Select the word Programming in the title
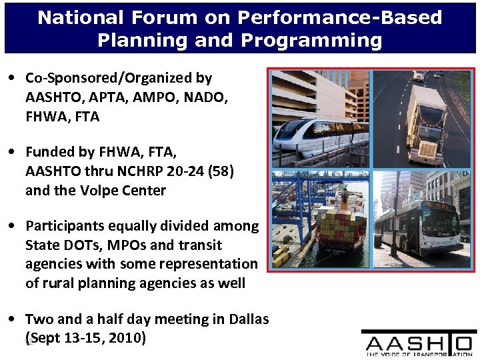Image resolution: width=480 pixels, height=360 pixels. click(x=311, y=40)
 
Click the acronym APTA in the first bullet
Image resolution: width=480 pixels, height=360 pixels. click(x=111, y=97)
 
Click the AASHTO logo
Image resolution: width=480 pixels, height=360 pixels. click(x=419, y=344)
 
